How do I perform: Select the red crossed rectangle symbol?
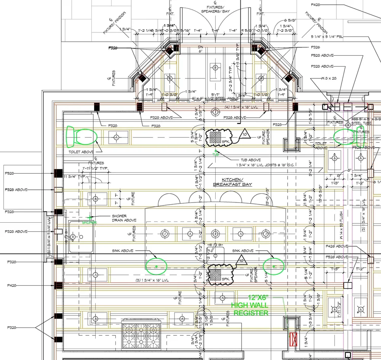(293, 339)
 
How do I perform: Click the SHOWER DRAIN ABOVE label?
(124, 218)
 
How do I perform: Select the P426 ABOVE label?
(337, 247)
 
